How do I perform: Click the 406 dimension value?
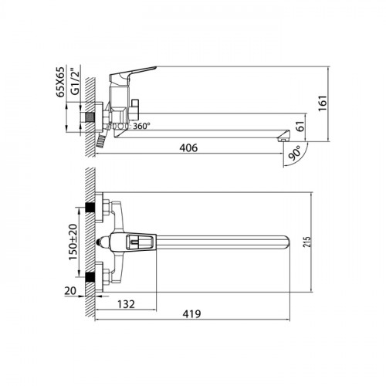pyautogui.click(x=188, y=147)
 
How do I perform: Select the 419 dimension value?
pyautogui.click(x=191, y=314)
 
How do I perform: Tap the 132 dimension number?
pyautogui.click(x=126, y=304)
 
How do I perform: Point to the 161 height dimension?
pyautogui.click(x=323, y=103)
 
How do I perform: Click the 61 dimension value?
pyautogui.click(x=300, y=126)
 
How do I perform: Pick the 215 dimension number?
pyautogui.click(x=306, y=242)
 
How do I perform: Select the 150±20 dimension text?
pyautogui.click(x=73, y=242)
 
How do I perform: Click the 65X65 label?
pyautogui.click(x=60, y=82)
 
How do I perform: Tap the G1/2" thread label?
pyautogui.click(x=75, y=81)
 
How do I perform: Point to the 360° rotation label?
pyautogui.click(x=141, y=126)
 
